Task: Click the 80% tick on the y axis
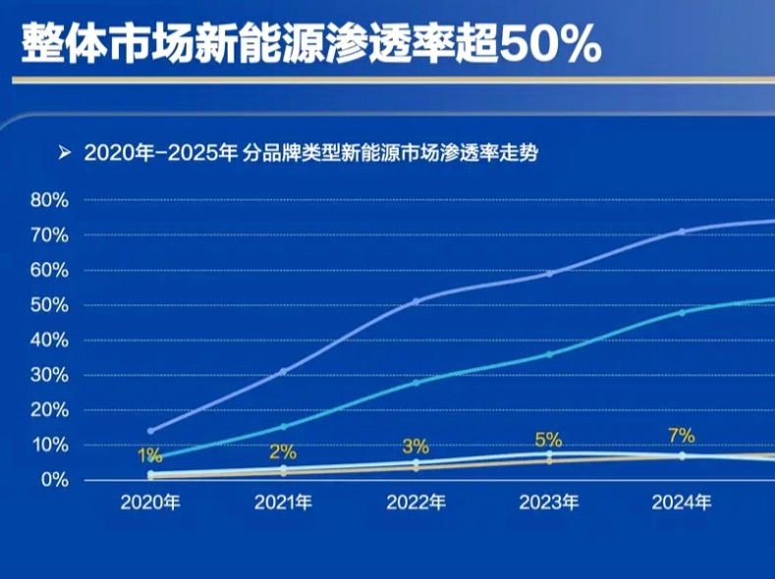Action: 49,200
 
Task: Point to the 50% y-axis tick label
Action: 49,305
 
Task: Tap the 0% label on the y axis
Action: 53,480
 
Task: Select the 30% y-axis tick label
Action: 49,375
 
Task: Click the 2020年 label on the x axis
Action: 150,503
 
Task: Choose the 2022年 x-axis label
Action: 416,503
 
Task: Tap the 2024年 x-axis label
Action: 682,503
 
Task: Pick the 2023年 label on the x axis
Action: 549,503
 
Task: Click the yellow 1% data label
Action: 149,455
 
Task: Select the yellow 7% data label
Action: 681,436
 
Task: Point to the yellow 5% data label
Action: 548,440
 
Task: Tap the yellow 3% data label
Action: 415,447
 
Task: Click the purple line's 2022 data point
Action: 416,301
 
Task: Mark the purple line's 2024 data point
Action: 682,232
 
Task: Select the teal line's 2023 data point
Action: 549,354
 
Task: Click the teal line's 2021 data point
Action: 284,427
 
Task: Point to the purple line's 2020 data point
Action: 150,431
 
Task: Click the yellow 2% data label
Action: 282,452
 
